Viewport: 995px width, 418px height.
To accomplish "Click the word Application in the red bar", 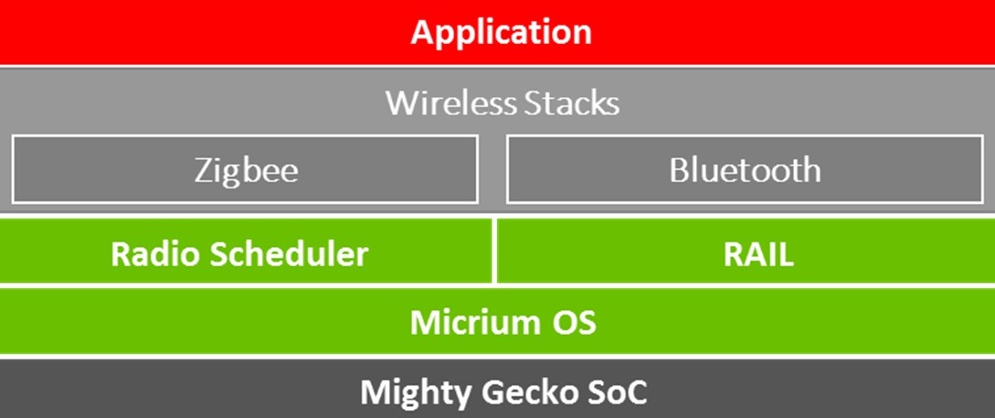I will pos(501,32).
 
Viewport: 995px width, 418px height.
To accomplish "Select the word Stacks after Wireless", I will pos(572,102).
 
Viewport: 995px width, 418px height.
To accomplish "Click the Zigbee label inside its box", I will pos(246,170).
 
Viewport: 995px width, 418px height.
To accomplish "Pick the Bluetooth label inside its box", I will pos(745,170).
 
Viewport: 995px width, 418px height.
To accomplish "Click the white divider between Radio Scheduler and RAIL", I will pos(494,252).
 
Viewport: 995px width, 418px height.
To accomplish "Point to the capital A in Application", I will pos(423,32).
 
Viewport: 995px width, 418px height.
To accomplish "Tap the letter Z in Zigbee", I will pos(204,170).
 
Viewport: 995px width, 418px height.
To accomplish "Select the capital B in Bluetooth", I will pos(680,170).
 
